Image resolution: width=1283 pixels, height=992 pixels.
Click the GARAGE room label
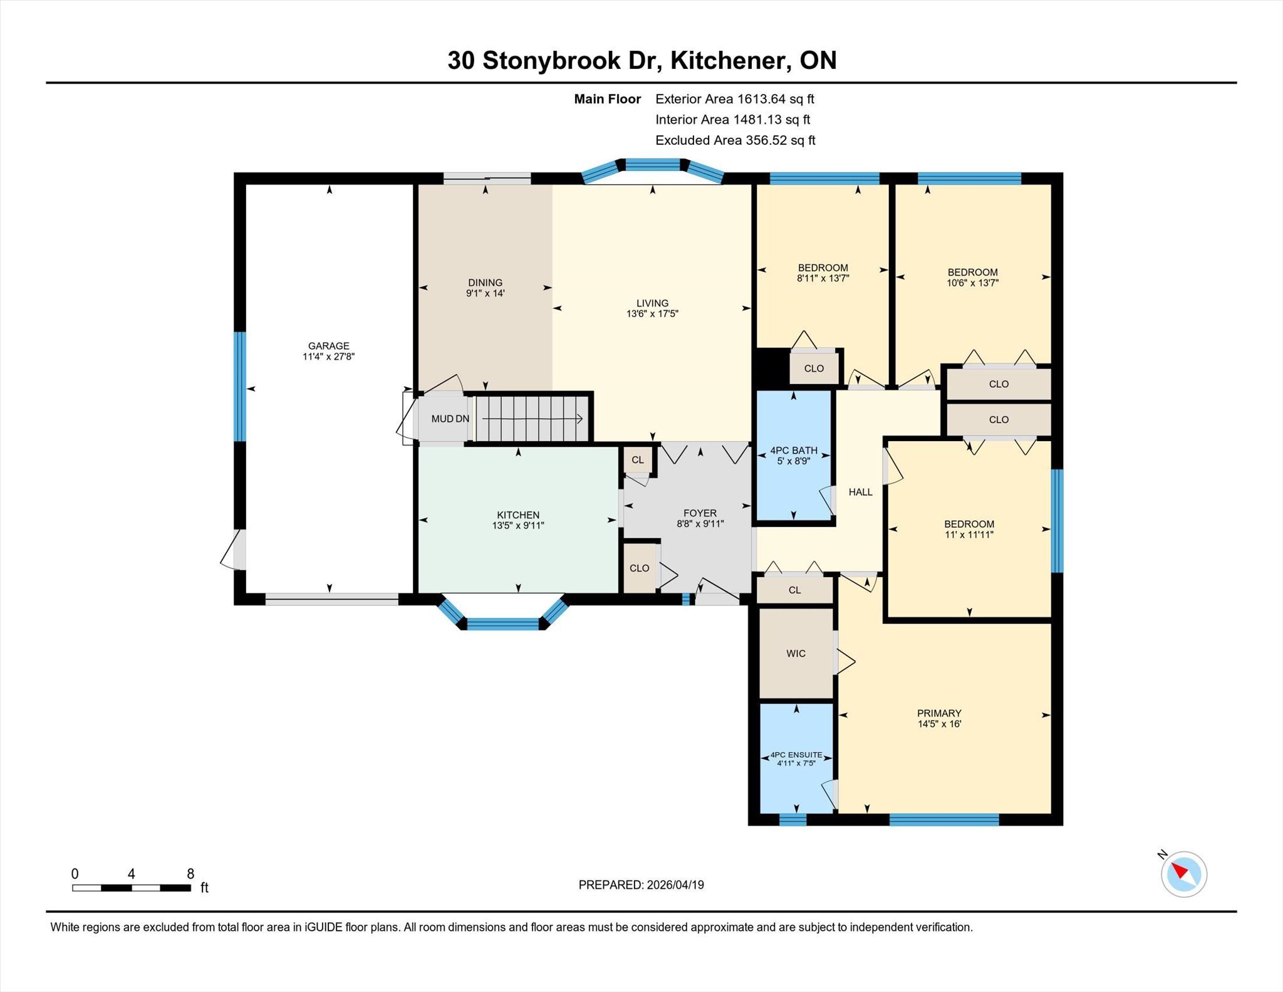pyautogui.click(x=328, y=346)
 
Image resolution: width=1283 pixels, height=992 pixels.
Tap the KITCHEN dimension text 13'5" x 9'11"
pyautogui.click(x=518, y=526)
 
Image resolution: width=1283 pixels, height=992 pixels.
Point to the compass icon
pyautogui.click(x=1183, y=874)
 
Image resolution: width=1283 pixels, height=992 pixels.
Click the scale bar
pyautogui.click(x=132, y=887)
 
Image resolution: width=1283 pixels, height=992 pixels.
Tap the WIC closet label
pyautogui.click(x=796, y=654)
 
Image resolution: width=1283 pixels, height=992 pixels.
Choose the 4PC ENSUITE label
pyautogui.click(x=796, y=755)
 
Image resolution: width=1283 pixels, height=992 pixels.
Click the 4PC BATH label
pyautogui.click(x=794, y=451)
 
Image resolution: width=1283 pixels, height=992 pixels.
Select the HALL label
pyautogui.click(x=860, y=492)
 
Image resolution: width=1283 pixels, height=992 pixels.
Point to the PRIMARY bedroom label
pyautogui.click(x=939, y=713)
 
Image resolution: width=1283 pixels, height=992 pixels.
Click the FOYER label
pyautogui.click(x=700, y=513)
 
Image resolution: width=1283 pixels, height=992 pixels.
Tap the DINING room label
pyautogui.click(x=485, y=283)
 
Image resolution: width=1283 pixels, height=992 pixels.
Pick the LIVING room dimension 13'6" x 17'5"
pyautogui.click(x=652, y=314)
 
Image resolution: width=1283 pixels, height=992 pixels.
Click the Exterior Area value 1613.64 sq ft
pyautogui.click(x=776, y=99)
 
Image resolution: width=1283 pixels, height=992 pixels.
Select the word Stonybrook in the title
pyautogui.click(x=551, y=61)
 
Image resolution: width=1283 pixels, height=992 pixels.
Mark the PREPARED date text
pyautogui.click(x=641, y=885)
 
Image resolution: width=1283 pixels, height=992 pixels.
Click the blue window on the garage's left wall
pyautogui.click(x=240, y=387)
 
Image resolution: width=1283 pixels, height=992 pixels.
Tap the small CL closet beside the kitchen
pyautogui.click(x=637, y=460)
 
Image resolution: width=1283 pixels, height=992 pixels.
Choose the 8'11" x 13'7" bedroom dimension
pyautogui.click(x=823, y=278)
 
